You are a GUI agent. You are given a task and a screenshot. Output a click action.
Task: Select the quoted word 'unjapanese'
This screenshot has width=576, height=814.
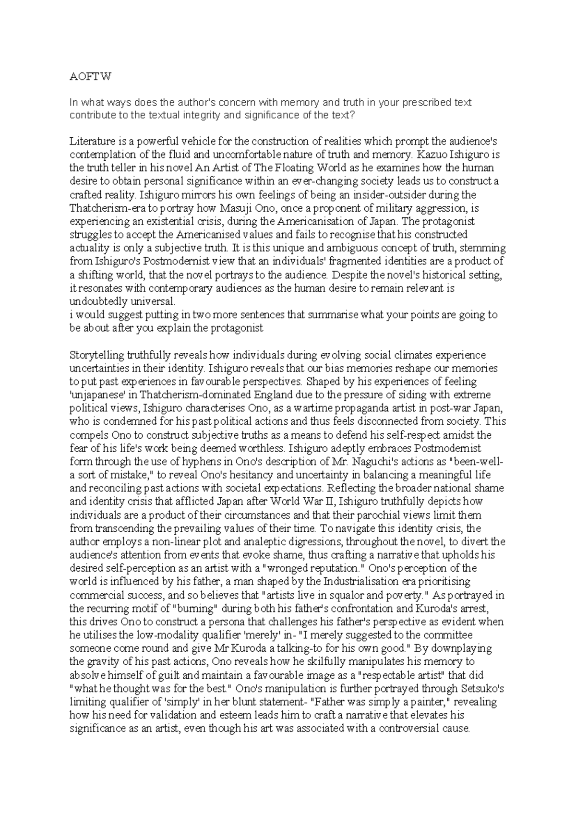(96, 395)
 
